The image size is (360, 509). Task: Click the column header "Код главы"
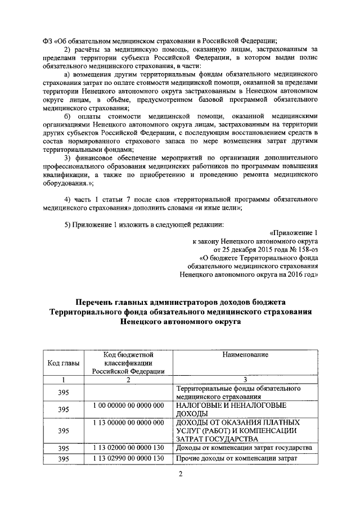(x=64, y=363)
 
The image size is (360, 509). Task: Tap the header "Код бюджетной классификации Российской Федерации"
(x=128, y=363)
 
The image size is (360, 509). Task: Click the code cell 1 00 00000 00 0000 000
(x=128, y=405)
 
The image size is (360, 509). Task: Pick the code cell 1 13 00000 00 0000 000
(x=128, y=422)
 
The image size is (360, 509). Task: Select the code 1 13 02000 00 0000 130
(x=128, y=448)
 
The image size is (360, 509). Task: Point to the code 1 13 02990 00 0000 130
(x=128, y=458)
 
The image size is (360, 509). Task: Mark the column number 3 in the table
(x=245, y=380)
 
